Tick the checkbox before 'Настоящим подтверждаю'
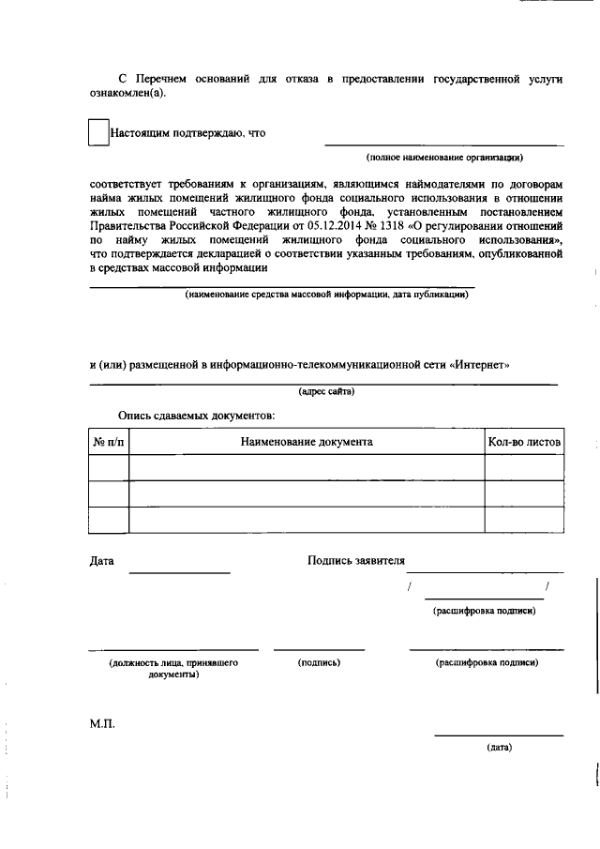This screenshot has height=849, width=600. [x=98, y=132]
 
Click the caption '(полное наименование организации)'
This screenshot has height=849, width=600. [x=444, y=158]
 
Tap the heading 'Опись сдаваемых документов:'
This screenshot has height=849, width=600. [x=196, y=414]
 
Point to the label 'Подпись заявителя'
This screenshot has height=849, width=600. [x=355, y=560]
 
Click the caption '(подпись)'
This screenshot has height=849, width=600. [x=318, y=662]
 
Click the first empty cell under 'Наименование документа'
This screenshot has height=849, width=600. [x=306, y=467]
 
